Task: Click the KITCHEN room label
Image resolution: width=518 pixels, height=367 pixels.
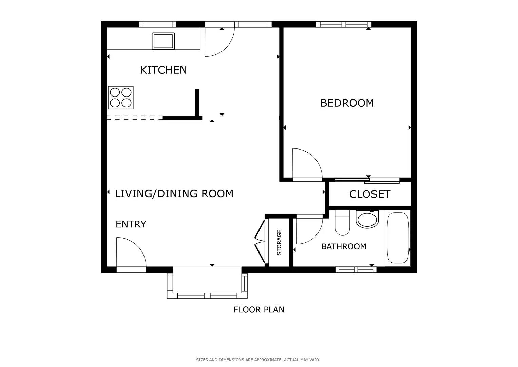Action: coord(163,70)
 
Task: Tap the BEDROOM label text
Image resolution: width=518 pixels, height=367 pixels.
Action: coord(347,103)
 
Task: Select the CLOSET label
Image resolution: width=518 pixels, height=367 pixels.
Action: coord(370,194)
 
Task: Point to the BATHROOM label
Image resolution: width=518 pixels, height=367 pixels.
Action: coord(343,246)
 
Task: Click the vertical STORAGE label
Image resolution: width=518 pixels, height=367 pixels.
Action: coord(279,242)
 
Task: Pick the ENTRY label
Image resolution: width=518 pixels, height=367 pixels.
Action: coord(131,224)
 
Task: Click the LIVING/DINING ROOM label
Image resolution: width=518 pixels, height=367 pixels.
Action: coord(174,194)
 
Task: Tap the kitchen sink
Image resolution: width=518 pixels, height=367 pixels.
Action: coord(163,41)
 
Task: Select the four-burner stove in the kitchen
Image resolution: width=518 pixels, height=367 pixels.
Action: coord(120,98)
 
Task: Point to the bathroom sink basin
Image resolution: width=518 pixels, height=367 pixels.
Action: coord(367,220)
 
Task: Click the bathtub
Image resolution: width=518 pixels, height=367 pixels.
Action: coord(398,238)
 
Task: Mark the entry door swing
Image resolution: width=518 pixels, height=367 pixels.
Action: coord(129,253)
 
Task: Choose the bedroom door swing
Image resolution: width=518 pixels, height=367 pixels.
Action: coord(305,164)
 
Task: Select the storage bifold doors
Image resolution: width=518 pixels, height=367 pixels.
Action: coord(260,241)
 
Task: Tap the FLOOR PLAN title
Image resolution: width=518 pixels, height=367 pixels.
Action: coord(258,310)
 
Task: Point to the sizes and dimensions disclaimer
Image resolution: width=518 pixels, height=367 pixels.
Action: coord(258,360)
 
